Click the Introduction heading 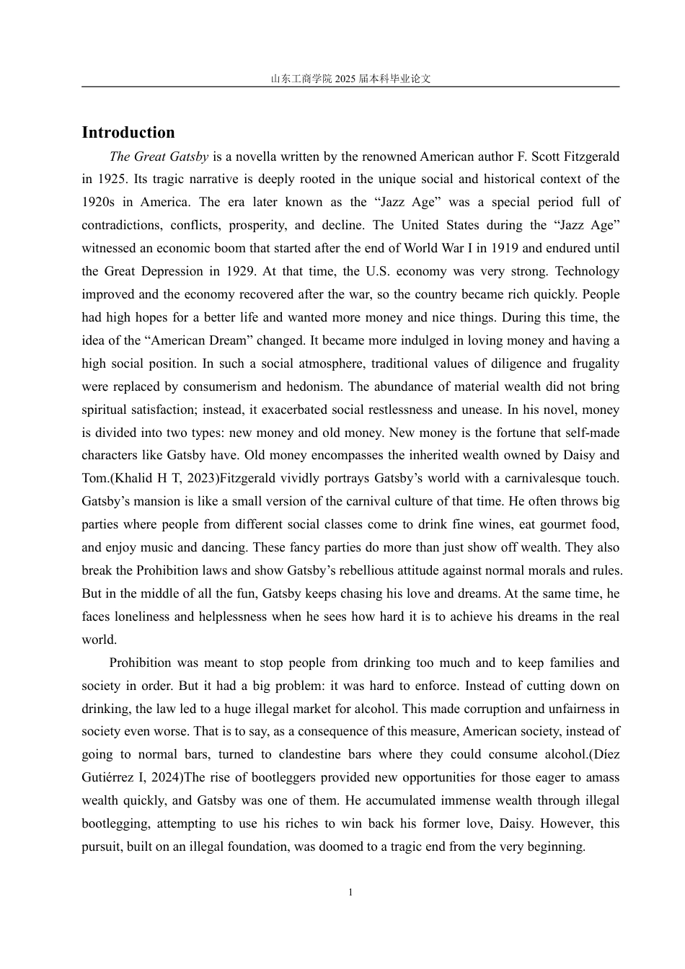[x=128, y=133]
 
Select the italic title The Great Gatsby [x=159, y=156]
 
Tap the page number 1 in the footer [x=350, y=893]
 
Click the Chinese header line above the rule [x=350, y=79]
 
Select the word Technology [x=587, y=272]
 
